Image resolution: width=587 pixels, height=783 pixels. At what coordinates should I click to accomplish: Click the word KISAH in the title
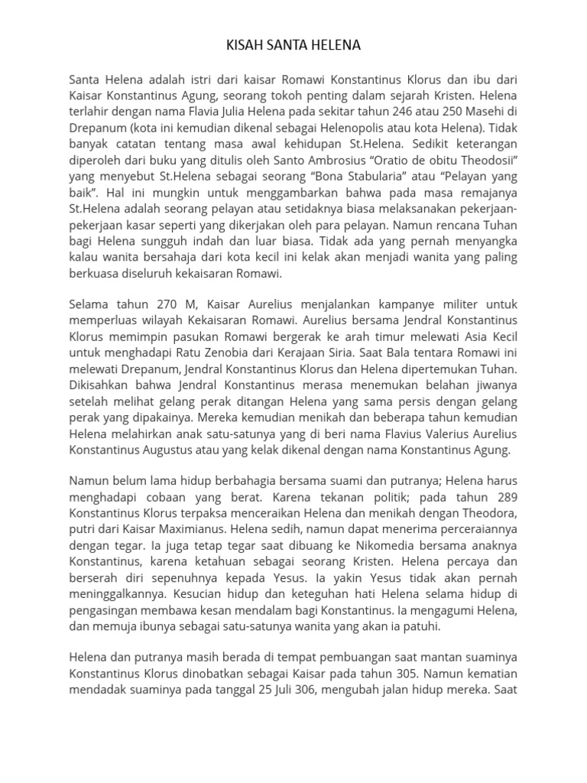click(242, 46)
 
